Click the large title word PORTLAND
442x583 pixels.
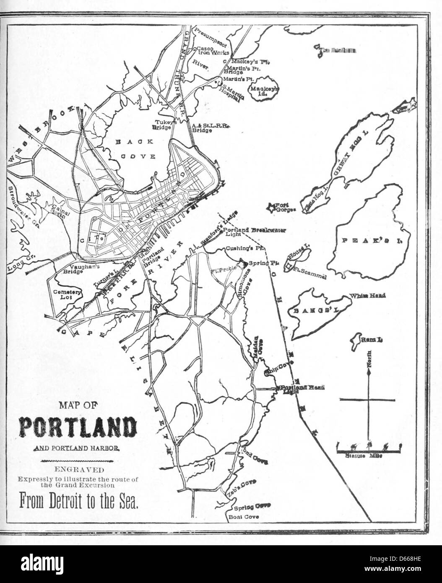click(x=78, y=427)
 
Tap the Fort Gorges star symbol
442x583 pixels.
click(x=272, y=206)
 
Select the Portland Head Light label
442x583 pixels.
click(x=302, y=389)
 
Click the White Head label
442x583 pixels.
click(x=368, y=296)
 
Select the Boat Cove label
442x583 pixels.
click(x=243, y=517)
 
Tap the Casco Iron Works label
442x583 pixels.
click(x=213, y=51)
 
